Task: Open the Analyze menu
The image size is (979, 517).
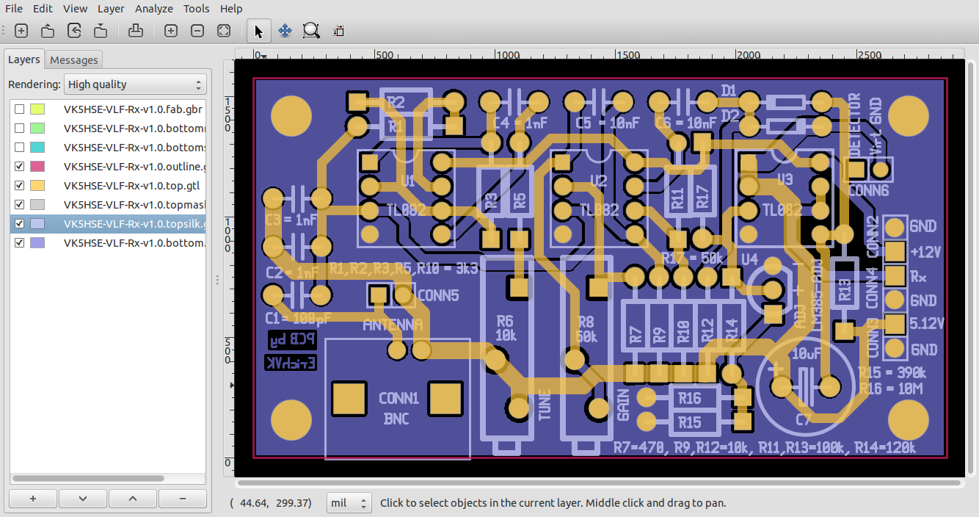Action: [154, 9]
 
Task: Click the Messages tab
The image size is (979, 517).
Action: [73, 60]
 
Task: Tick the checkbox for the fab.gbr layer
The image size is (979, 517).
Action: [20, 109]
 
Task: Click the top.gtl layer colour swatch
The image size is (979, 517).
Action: [36, 186]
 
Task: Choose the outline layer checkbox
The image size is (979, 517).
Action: [20, 167]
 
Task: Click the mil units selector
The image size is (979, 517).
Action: [349, 503]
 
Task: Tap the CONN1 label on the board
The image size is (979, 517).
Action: [398, 399]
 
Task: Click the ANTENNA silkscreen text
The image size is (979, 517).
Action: [393, 325]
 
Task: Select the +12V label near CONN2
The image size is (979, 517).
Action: [925, 252]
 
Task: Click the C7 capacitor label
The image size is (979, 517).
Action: [804, 420]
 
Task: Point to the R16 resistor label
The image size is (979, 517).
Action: [690, 399]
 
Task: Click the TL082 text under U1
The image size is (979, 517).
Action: [406, 210]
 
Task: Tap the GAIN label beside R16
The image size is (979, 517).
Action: [624, 405]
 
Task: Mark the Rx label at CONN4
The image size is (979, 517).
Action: [918, 276]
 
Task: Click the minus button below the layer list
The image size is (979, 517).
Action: [182, 498]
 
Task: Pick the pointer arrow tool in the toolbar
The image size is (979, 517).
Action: [258, 31]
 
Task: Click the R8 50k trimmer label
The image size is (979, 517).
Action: [586, 329]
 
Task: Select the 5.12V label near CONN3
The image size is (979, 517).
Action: [927, 324]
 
